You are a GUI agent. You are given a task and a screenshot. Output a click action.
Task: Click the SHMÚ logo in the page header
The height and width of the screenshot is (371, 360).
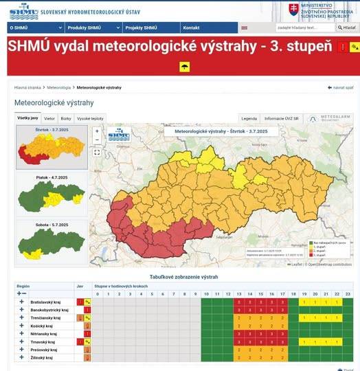click(x=23, y=10)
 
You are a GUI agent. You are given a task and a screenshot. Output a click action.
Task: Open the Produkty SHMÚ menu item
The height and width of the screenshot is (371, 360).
click(x=85, y=27)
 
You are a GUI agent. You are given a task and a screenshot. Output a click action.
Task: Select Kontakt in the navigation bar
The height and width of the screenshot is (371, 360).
click(x=191, y=27)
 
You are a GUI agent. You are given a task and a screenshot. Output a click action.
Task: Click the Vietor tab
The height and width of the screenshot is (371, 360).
click(x=49, y=118)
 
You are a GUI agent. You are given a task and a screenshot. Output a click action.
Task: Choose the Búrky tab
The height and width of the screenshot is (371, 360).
click(x=66, y=118)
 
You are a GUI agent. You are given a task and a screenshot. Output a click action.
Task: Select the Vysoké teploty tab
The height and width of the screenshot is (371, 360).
click(x=90, y=118)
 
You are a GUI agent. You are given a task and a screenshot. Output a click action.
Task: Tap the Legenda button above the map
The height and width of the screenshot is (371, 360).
click(x=249, y=118)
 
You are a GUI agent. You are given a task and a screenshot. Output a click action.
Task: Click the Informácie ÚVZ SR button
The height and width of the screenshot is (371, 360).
click(x=282, y=118)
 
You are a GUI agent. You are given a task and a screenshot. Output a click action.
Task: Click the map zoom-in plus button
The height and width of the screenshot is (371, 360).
click(x=97, y=131)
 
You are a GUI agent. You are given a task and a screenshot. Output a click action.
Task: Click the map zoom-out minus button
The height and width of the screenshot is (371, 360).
click(x=97, y=140)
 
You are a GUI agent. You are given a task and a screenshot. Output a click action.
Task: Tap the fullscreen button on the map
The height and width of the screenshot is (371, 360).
click(x=97, y=153)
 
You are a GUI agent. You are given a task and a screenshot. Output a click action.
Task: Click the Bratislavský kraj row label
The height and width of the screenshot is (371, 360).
click(x=49, y=302)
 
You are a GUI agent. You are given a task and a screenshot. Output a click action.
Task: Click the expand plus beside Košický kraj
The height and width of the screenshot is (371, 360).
click(x=21, y=326)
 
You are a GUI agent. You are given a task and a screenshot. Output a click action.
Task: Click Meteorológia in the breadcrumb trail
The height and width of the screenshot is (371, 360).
click(x=59, y=88)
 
